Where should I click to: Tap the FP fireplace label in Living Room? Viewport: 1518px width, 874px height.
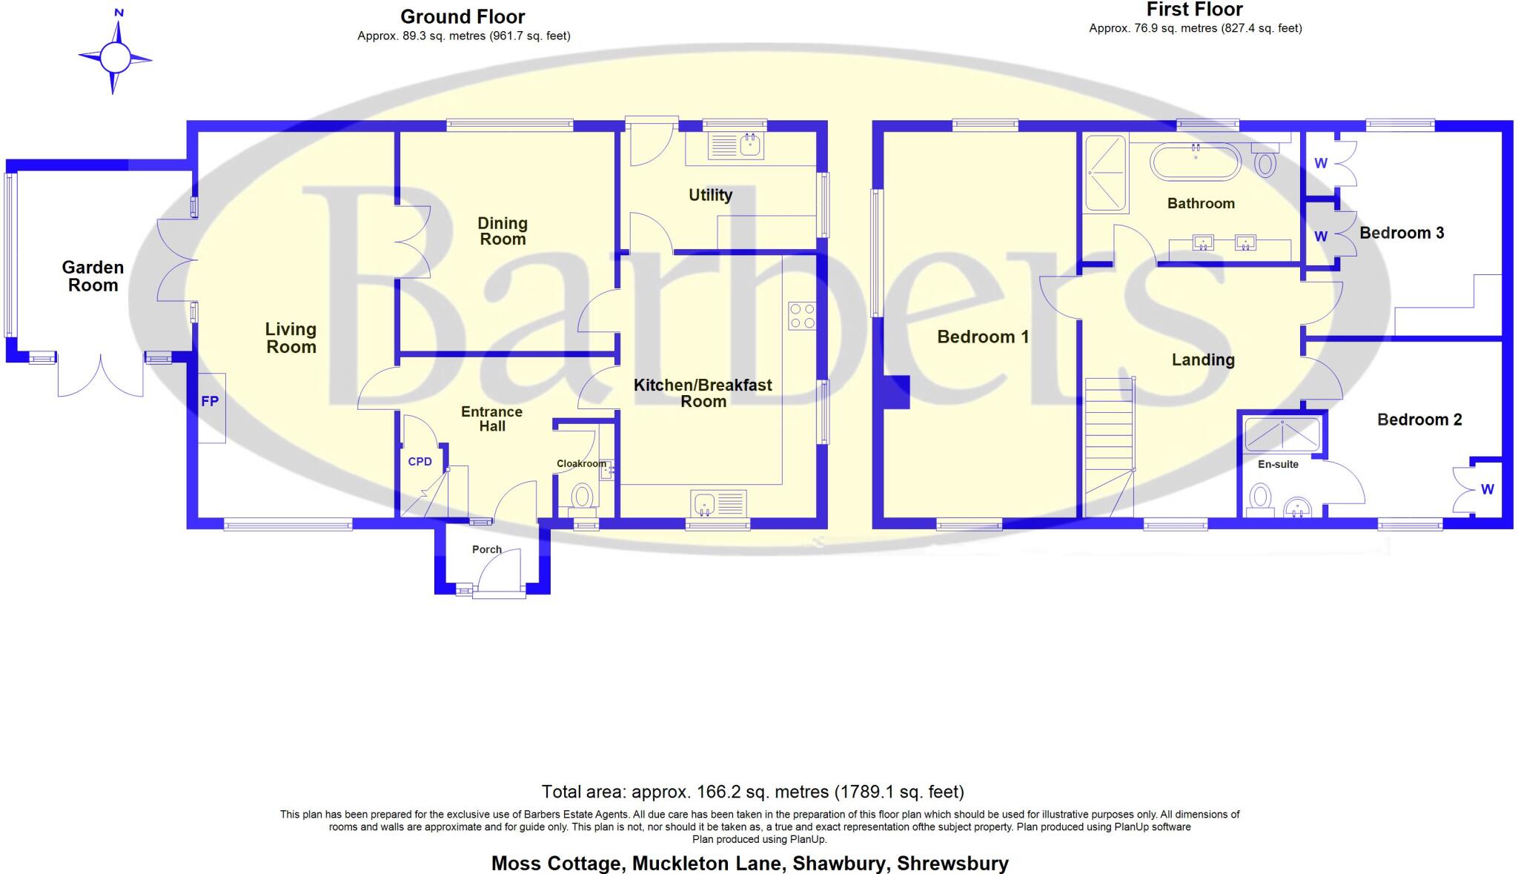[210, 401]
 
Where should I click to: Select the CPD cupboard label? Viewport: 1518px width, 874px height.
[420, 461]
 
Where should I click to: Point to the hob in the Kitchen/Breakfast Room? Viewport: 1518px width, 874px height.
[801, 316]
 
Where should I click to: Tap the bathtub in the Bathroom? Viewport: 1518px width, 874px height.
[1195, 162]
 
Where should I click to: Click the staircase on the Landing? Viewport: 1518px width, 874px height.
[1110, 445]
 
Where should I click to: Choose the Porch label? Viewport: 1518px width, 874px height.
[487, 549]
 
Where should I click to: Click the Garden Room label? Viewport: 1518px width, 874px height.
[93, 276]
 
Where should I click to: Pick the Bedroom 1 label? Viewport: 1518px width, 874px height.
[983, 337]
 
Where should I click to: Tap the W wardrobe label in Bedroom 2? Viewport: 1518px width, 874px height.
[1487, 489]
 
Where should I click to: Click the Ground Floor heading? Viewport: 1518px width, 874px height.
[463, 16]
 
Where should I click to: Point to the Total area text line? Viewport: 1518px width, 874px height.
[752, 792]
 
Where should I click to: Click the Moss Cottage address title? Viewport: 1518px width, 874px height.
[749, 863]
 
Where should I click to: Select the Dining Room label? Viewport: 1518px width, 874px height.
[503, 231]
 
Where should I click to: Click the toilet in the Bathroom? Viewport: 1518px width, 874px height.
[1265, 163]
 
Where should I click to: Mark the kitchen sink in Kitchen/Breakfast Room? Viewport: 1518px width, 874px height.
[717, 505]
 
